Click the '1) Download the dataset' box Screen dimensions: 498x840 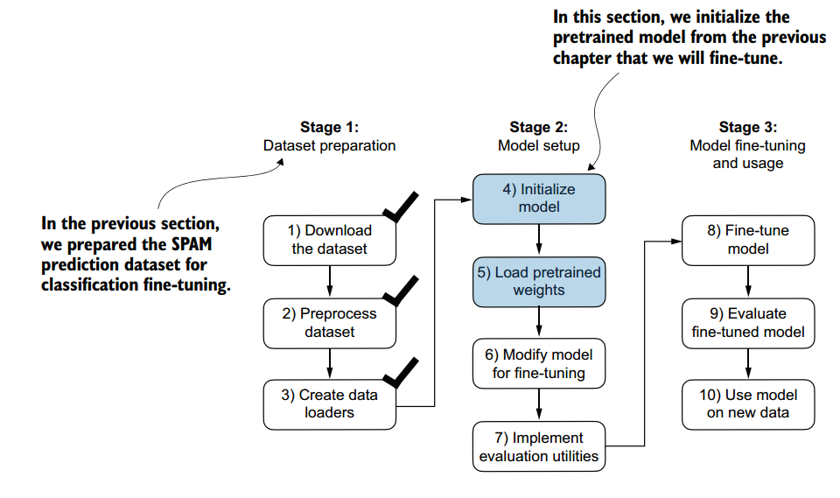pyautogui.click(x=330, y=240)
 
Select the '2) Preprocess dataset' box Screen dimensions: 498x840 pyautogui.click(x=330, y=323)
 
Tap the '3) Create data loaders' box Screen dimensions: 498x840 pyautogui.click(x=330, y=404)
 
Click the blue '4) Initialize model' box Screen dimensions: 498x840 pyautogui.click(x=538, y=198)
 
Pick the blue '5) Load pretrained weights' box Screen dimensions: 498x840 pyautogui.click(x=538, y=282)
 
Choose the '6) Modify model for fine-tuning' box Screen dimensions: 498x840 pyautogui.click(x=538, y=364)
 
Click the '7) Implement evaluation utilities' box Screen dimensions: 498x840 pyautogui.click(x=538, y=446)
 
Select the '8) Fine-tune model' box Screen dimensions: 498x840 pyautogui.click(x=748, y=240)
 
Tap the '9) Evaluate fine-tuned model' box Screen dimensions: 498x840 pyautogui.click(x=748, y=323)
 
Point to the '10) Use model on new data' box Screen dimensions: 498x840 pyautogui.click(x=748, y=404)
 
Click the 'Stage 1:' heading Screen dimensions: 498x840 pyautogui.click(x=330, y=128)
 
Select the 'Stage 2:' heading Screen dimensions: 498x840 pyautogui.click(x=539, y=128)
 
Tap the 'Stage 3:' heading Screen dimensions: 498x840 pyautogui.click(x=748, y=128)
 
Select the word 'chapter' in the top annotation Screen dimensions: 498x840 pyautogui.click(x=582, y=59)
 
